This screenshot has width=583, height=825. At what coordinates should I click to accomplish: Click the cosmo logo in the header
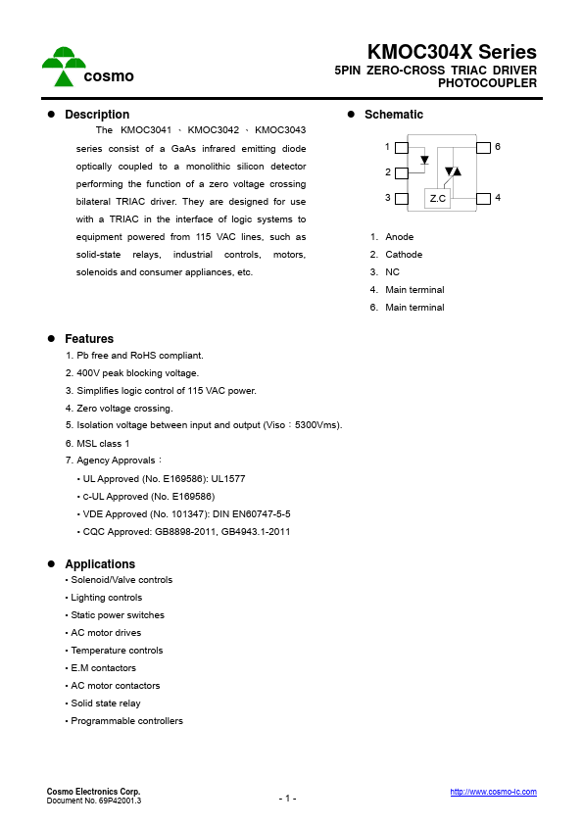[87, 67]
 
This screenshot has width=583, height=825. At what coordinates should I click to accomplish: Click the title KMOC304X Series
[452, 53]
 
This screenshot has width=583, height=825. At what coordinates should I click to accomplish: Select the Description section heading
[97, 115]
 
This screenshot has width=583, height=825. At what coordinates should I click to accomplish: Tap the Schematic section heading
[393, 115]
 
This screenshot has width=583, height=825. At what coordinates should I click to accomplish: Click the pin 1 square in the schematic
[401, 147]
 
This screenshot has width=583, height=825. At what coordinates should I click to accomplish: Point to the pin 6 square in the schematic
[483, 147]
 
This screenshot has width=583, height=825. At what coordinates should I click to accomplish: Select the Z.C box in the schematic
[438, 198]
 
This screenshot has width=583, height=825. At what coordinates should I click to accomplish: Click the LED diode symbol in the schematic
[424, 160]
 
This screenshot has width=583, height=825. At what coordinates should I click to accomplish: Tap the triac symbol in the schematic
[452, 171]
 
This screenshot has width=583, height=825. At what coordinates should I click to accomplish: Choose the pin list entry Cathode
[403, 255]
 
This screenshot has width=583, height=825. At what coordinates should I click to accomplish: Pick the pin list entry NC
[392, 272]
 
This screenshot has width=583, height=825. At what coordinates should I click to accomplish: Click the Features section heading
[89, 339]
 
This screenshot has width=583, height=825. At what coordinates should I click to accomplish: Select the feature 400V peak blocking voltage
[132, 373]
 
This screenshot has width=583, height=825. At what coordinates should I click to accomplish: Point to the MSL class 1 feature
[97, 444]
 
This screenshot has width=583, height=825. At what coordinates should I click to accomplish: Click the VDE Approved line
[183, 514]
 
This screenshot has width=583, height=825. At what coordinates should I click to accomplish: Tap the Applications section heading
[100, 564]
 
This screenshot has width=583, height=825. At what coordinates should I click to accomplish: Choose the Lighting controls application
[106, 598]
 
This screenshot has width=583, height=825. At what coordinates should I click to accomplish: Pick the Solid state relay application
[105, 704]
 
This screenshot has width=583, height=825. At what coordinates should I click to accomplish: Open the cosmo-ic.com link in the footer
[493, 792]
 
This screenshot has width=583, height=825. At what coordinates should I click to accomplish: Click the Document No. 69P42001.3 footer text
[94, 801]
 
